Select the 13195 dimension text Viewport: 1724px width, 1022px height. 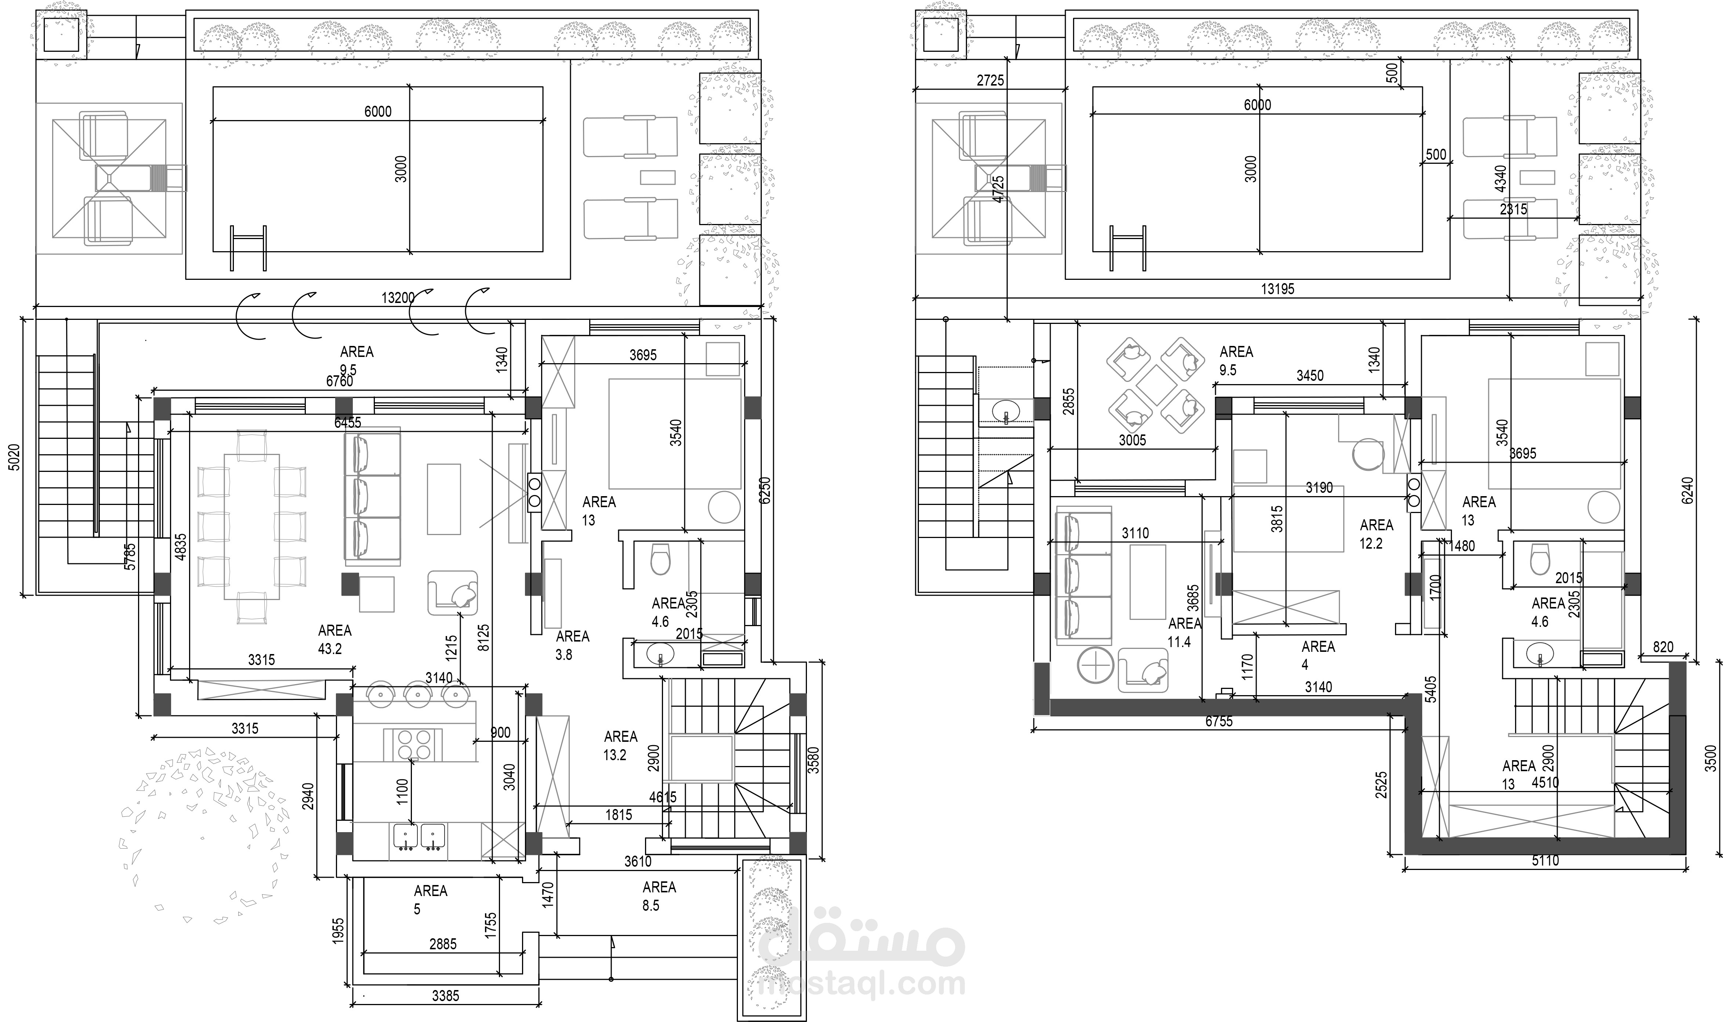point(1277,289)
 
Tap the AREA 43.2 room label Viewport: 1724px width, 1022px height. point(334,639)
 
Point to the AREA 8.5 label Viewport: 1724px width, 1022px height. point(659,896)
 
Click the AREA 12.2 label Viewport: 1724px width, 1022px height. point(1376,534)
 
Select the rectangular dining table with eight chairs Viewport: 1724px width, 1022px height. point(251,526)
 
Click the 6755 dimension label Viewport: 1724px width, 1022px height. point(1218,721)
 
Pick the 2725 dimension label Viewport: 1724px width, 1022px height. point(990,80)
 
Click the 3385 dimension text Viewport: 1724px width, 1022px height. point(445,995)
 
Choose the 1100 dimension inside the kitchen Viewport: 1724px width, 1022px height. point(403,791)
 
